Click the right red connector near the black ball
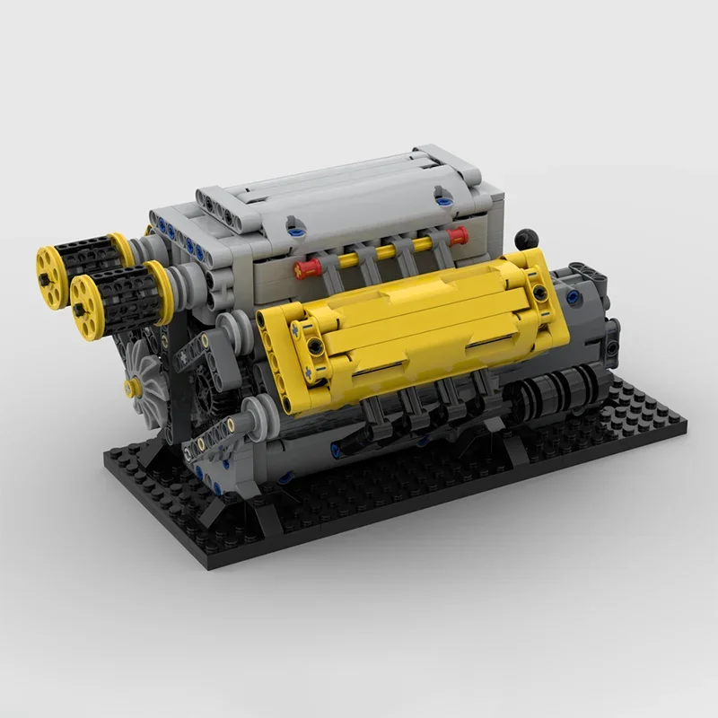coord(457,237)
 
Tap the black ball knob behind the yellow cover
coord(525,238)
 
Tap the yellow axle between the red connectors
coord(386,253)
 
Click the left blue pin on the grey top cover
coord(292,231)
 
